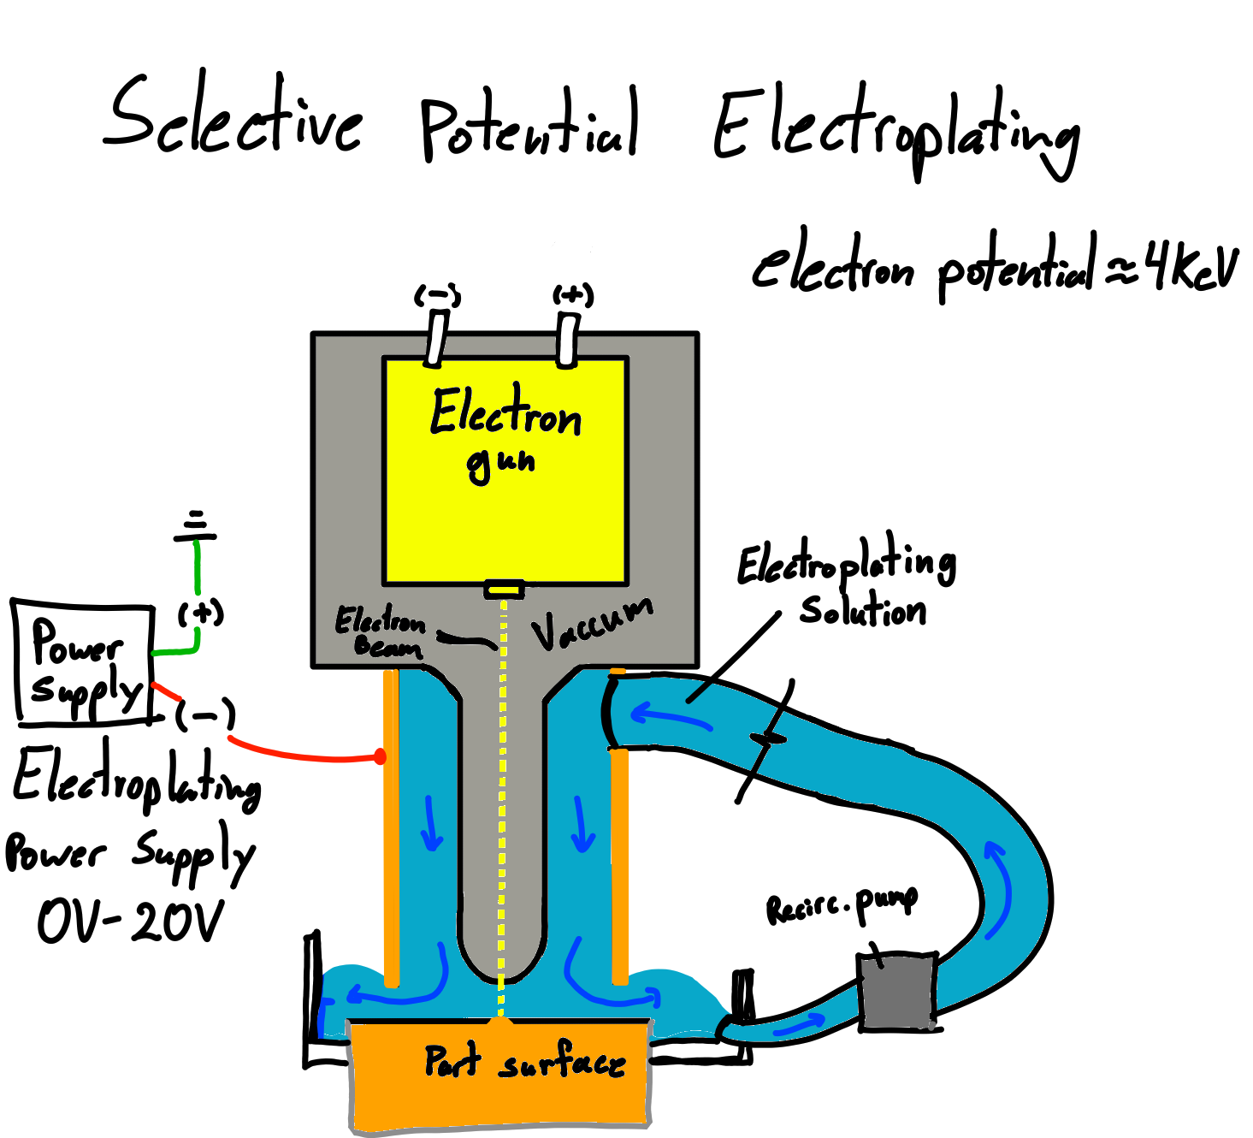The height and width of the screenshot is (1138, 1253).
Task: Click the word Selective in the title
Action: (233, 120)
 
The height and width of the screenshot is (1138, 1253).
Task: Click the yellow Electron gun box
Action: (505, 505)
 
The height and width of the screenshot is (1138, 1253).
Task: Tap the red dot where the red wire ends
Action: (380, 756)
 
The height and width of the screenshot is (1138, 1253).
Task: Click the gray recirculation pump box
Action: (897, 991)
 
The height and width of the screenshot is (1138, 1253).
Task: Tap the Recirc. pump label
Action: (841, 904)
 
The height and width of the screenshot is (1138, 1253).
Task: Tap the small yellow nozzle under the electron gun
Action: (504, 589)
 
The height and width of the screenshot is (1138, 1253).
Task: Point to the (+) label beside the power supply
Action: (201, 613)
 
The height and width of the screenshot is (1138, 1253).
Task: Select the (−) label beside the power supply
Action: (205, 715)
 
